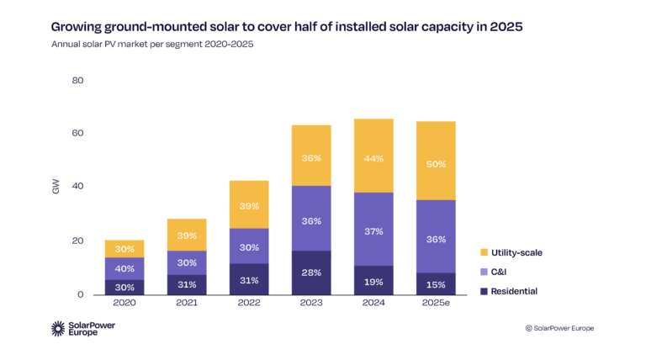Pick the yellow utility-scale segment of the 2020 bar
point(124,249)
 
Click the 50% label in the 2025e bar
point(436,164)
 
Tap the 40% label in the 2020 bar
point(124,268)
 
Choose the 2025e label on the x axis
point(436,304)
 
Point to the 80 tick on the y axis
point(78,81)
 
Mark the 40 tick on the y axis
point(78,187)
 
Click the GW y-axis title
point(56,188)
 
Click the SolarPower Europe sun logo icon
point(59,329)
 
